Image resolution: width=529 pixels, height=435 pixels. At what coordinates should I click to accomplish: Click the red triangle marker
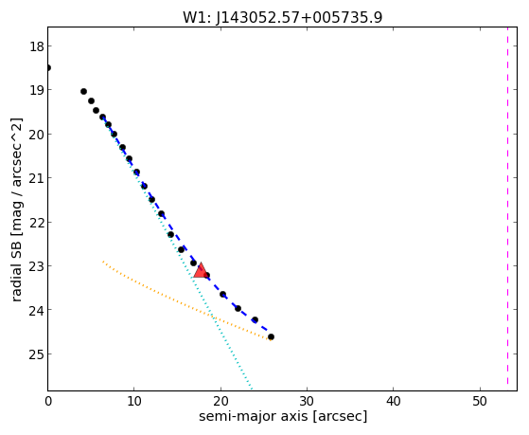[x=201, y=270]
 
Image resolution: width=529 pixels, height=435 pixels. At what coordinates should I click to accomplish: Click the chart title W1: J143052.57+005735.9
[x=283, y=18]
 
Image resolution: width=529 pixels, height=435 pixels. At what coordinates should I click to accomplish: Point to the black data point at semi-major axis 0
[x=48, y=68]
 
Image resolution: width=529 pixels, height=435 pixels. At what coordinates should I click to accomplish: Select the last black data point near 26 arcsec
[x=271, y=336]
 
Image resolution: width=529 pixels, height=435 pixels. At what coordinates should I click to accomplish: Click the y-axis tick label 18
[x=37, y=46]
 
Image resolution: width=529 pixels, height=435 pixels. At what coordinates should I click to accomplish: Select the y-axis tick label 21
[x=37, y=177]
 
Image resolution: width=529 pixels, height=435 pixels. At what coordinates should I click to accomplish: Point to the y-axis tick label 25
[x=37, y=354]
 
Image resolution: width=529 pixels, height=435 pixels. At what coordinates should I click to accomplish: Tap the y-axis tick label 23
[x=37, y=265]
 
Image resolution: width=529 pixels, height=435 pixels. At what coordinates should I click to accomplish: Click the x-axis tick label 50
[x=480, y=401]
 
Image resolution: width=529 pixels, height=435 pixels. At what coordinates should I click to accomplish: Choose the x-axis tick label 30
[x=307, y=401]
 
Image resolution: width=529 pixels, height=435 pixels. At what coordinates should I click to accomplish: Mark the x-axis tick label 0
[x=48, y=401]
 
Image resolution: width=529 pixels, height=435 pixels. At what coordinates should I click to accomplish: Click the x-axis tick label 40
[x=393, y=401]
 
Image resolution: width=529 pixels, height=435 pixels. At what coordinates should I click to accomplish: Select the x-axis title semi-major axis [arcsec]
[x=283, y=416]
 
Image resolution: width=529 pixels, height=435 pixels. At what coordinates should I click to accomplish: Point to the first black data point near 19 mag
[x=83, y=92]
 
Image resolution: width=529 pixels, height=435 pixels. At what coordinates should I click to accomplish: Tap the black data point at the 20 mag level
[x=114, y=135]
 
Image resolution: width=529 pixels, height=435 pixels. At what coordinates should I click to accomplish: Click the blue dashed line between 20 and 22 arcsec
[x=230, y=300]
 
